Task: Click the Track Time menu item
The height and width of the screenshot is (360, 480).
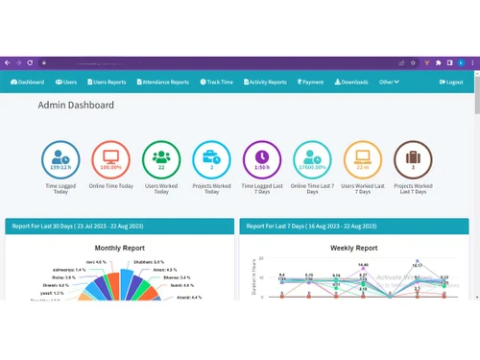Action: tap(217, 83)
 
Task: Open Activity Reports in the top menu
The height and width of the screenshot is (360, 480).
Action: tap(264, 83)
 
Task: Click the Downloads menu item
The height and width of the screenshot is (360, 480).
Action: tap(351, 83)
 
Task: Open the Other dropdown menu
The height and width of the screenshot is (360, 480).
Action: tap(389, 83)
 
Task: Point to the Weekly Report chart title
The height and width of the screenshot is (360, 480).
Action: tap(354, 247)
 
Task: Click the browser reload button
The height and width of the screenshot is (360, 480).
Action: tap(30, 62)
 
